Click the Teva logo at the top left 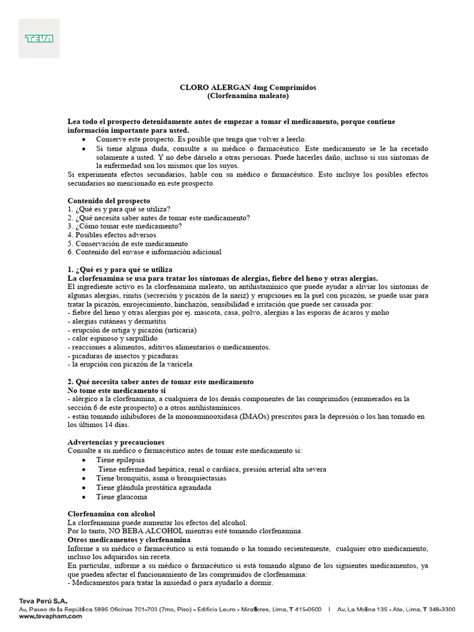(38, 38)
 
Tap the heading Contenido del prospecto (109, 201)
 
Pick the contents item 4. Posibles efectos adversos (112, 235)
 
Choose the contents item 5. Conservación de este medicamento (128, 243)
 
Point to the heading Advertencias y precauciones (116, 442)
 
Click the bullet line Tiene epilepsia (120, 460)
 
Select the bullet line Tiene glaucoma (122, 496)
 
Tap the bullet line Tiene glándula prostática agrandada (154, 487)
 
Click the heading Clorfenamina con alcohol (111, 513)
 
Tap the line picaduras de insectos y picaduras (125, 356)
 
